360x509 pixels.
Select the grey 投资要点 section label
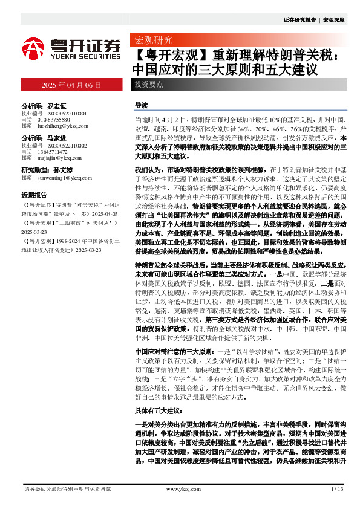149,85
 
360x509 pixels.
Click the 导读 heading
141,105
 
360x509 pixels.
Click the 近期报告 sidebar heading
34,196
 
